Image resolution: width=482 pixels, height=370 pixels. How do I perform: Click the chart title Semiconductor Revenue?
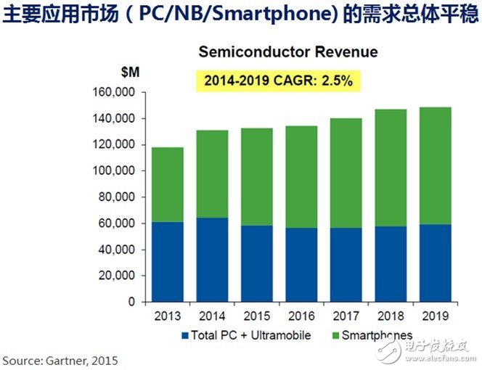point(278,53)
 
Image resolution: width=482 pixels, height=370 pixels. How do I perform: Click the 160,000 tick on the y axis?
point(116,93)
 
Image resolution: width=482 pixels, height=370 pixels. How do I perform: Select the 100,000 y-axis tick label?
point(116,171)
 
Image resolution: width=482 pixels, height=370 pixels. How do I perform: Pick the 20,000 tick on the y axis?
point(119,276)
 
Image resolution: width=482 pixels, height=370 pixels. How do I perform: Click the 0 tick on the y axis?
point(131,302)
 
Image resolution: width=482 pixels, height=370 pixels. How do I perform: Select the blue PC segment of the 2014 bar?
point(211,260)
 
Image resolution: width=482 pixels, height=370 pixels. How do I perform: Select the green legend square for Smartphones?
point(334,336)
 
